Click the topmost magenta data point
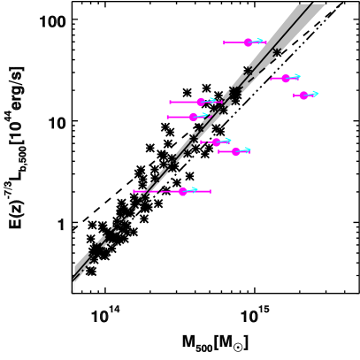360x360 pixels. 249,42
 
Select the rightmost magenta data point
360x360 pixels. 303,95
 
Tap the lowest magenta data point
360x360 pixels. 182,191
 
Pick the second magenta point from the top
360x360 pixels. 285,78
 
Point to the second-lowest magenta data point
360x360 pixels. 235,151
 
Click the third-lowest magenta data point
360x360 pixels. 216,142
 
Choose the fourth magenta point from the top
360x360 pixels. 201,102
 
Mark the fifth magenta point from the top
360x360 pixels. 193,117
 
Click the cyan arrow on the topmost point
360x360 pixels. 260,41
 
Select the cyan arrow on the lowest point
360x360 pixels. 194,189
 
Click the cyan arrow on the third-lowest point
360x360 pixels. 227,140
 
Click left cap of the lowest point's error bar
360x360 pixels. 134,191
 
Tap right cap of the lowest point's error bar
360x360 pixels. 211,191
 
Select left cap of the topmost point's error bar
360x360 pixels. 224,42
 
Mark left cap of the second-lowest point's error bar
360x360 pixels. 218,151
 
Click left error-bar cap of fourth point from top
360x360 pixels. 170,102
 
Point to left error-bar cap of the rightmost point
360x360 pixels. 294,95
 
